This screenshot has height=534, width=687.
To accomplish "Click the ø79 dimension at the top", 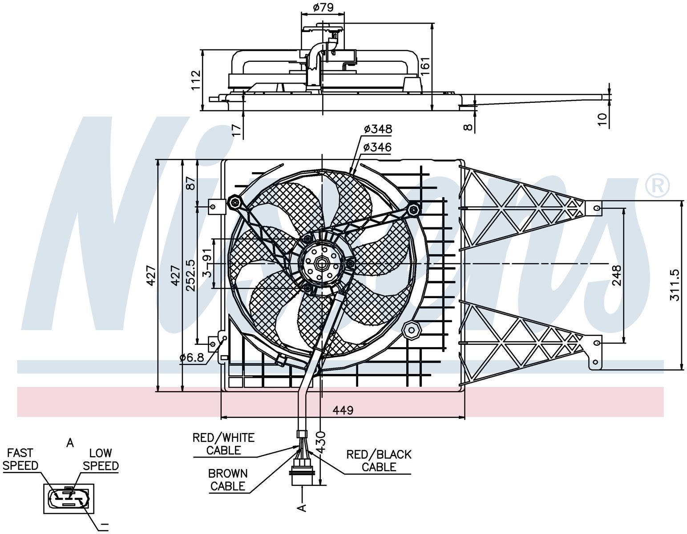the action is click(x=323, y=7).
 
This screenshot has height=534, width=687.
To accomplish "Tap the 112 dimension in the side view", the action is click(x=196, y=80).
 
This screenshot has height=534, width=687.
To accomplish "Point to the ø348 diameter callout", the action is click(x=378, y=129).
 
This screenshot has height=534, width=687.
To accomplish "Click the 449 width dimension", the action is click(x=343, y=410).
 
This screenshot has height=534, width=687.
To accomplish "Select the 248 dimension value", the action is click(x=617, y=275).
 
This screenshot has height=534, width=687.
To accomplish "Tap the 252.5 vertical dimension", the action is click(x=190, y=275).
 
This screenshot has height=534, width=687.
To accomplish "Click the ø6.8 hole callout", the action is click(x=192, y=358).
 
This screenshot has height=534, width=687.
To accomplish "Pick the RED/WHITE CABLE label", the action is click(x=223, y=444).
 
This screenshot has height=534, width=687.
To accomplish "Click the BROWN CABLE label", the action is click(x=228, y=480).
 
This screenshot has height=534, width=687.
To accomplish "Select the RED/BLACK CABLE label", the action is click(x=379, y=461).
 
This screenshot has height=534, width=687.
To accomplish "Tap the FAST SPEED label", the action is click(x=20, y=459).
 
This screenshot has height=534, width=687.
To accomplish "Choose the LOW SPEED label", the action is click(x=101, y=459).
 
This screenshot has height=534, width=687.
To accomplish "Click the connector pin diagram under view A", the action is click(x=69, y=498).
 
